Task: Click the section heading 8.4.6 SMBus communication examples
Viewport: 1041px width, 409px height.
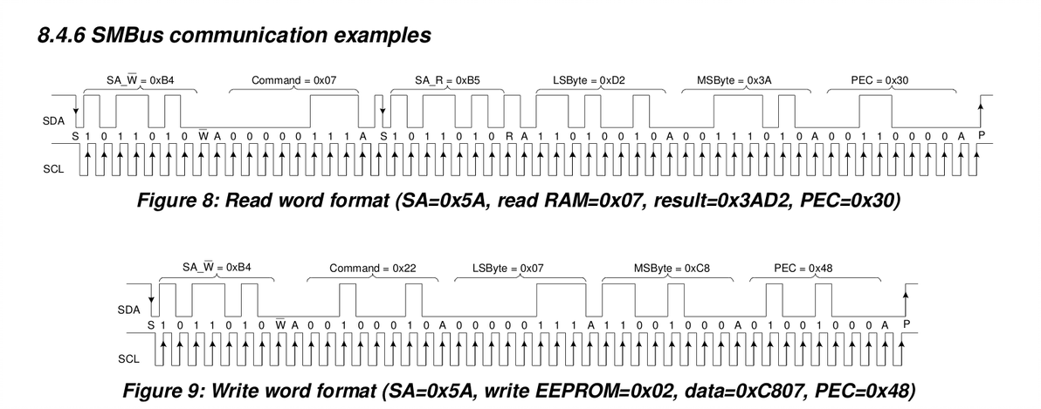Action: (234, 36)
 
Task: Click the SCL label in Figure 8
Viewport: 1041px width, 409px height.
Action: (52, 168)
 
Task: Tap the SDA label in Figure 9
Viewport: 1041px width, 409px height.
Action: (128, 309)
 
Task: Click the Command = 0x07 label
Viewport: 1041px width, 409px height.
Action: (293, 79)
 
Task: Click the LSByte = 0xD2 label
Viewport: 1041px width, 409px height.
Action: (589, 79)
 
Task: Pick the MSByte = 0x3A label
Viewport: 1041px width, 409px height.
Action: (734, 79)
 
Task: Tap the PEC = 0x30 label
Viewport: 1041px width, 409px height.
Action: (879, 79)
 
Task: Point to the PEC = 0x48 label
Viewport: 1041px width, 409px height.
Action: (803, 268)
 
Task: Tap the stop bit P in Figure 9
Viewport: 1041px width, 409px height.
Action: (906, 325)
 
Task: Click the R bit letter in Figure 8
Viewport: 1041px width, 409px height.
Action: (513, 137)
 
